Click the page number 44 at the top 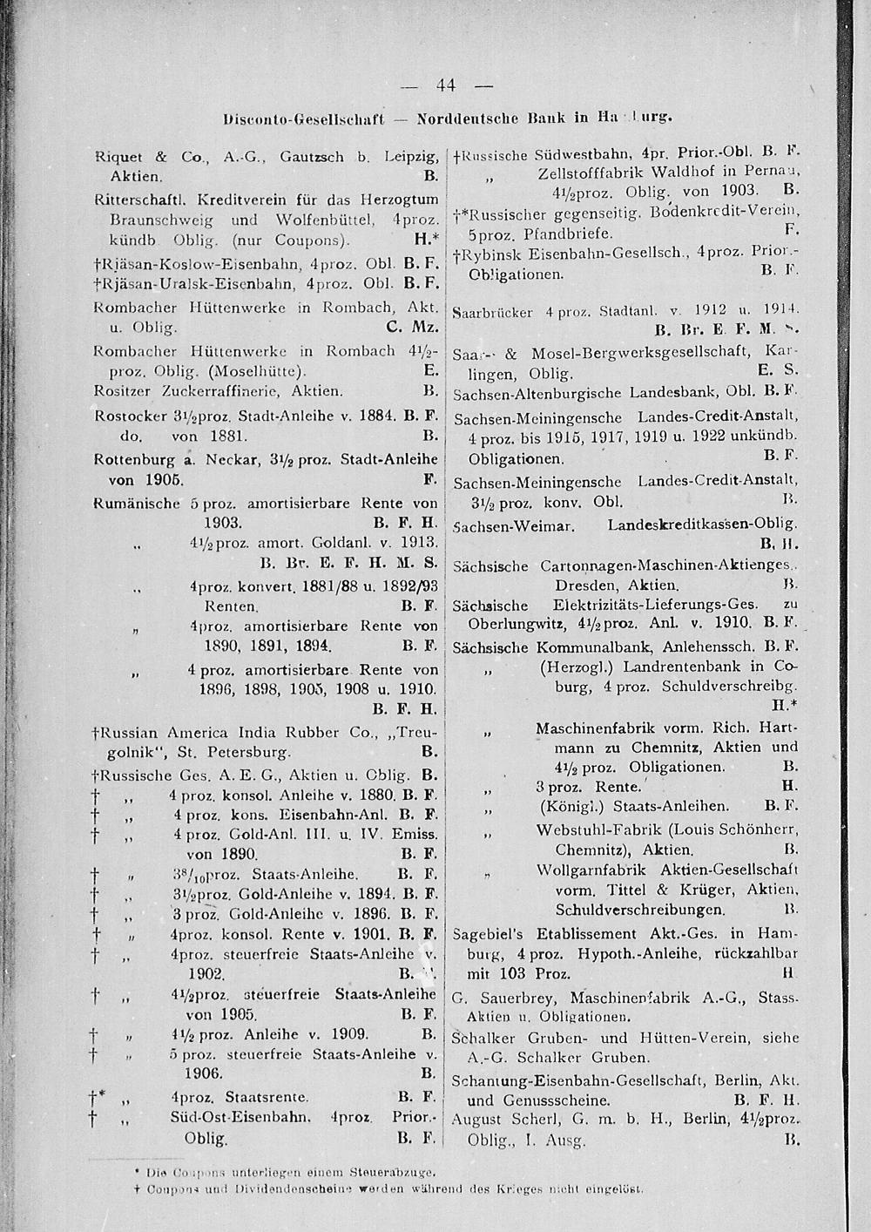point(448,85)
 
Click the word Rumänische point(137,504)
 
